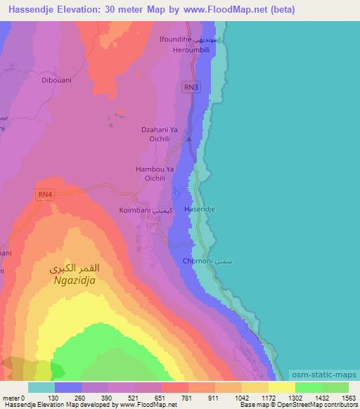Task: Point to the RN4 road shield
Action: click(46, 194)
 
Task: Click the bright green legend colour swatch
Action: click(308, 387)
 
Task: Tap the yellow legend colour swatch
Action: click(281, 387)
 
